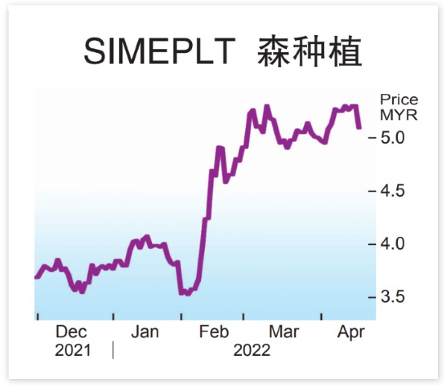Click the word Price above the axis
pyautogui.click(x=399, y=100)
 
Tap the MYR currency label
pyautogui.click(x=399, y=115)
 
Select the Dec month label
pyautogui.click(x=72, y=332)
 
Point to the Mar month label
pyautogui.click(x=284, y=332)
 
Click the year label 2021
pyautogui.click(x=72, y=351)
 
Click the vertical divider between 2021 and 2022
pyautogui.click(x=113, y=350)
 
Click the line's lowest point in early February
pyautogui.click(x=187, y=293)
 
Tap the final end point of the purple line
pyautogui.click(x=360, y=127)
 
